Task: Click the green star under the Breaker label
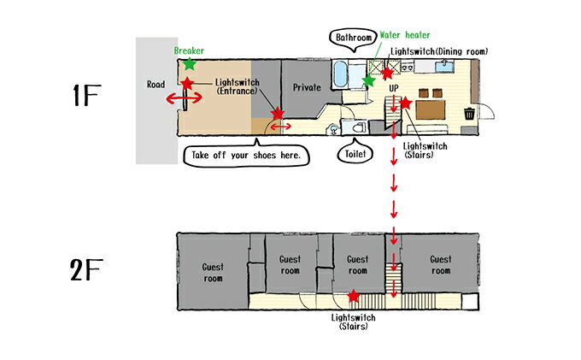pos(190,64)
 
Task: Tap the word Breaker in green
pos(189,50)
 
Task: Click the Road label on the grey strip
pos(156,85)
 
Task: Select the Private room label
pos(307,87)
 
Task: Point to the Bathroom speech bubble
pos(353,39)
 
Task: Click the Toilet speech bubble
pos(355,153)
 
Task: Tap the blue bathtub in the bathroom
pos(340,74)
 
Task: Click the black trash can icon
pos(469,114)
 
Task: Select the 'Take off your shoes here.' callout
pos(246,155)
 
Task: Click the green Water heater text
pos(405,35)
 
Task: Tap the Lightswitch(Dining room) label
pos(439,51)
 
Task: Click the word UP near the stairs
pos(394,88)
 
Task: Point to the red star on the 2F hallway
pos(354,296)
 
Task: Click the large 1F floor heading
pos(86,95)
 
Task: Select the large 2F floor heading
pos(86,270)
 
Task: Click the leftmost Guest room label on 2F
pos(213,273)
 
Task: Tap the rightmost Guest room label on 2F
pos(441,265)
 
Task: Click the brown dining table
pos(430,109)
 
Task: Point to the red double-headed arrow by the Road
pos(184,98)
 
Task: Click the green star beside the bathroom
pos(368,80)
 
